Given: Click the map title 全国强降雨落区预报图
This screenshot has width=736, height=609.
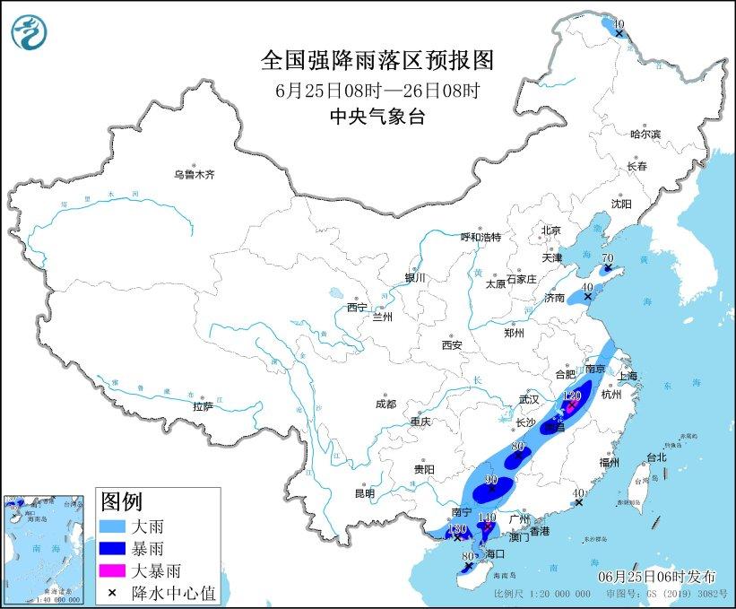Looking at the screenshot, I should (x=377, y=60).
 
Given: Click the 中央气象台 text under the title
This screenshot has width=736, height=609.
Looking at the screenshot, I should (x=377, y=116).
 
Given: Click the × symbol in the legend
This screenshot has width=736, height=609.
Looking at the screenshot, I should (x=115, y=591).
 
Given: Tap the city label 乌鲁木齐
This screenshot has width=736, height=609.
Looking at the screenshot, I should (x=194, y=174).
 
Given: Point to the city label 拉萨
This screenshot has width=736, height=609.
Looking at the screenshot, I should (x=203, y=406).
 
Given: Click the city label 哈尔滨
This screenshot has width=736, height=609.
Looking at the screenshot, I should (x=645, y=134).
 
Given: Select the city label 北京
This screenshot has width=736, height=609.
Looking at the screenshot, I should (x=550, y=231).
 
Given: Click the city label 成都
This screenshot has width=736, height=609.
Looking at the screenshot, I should (x=385, y=404).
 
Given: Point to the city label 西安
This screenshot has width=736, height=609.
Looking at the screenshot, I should (x=451, y=345).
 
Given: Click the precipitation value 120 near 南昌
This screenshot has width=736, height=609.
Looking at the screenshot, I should (x=572, y=396).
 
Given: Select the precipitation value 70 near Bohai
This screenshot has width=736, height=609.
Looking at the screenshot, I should (x=607, y=258).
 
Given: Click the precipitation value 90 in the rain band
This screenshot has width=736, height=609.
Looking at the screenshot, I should (x=491, y=480).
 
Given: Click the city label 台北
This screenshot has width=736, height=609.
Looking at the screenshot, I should (x=655, y=457).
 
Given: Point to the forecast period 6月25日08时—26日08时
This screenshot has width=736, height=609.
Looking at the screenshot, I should (x=377, y=90).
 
